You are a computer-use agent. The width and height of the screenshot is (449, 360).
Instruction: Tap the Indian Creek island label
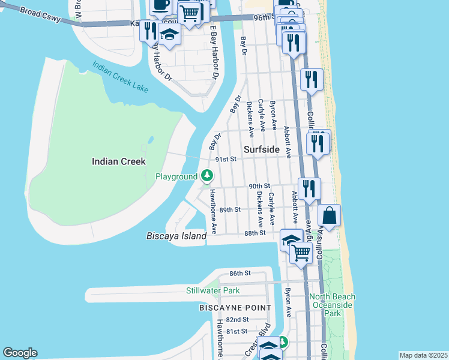point(119,161)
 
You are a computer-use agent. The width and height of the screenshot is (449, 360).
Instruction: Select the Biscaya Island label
point(176,236)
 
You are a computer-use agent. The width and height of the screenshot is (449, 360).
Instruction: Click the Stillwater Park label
point(212,291)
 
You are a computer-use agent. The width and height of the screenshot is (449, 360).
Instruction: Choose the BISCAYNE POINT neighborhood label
point(235,308)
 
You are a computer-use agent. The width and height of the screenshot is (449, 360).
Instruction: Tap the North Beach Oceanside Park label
point(333,305)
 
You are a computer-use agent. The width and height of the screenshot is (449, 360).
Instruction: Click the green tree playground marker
point(207,176)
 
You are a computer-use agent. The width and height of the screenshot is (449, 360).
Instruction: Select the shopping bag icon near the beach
point(330,215)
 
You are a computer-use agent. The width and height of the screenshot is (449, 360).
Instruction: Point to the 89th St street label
point(230,210)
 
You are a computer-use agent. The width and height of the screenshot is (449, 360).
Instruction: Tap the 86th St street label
point(240,274)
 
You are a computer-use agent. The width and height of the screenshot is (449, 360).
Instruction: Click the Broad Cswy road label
point(40,16)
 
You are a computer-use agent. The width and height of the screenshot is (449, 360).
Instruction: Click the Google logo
point(20,353)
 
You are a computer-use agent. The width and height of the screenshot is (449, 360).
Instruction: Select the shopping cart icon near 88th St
point(301,253)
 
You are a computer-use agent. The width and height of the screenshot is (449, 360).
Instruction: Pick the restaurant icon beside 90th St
point(310,188)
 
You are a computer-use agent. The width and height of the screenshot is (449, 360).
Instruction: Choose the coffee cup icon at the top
point(160,5)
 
